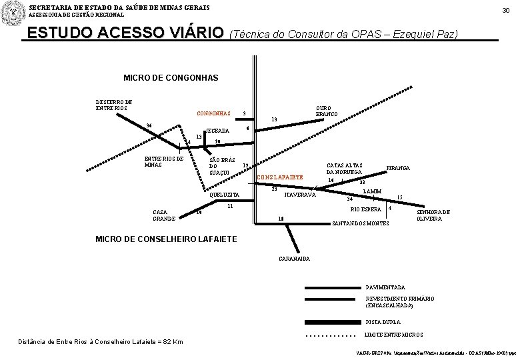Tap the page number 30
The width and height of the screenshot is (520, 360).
507,10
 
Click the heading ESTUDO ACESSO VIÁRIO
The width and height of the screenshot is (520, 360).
123,33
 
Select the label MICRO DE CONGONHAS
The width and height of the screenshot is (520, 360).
171,78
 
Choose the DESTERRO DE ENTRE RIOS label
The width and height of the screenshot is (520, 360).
114,105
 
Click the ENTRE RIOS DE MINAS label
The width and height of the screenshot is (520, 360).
163,162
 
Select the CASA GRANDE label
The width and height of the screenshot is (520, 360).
164,215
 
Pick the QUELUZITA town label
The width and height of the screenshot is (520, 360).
224,195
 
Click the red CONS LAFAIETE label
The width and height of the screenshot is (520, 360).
280,177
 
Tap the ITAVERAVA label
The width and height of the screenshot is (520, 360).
300,195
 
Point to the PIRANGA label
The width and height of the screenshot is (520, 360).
398,168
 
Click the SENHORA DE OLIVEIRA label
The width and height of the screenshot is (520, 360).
433,215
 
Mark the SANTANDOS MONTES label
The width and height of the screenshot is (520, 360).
360,223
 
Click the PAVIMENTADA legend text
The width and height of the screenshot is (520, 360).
385,286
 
